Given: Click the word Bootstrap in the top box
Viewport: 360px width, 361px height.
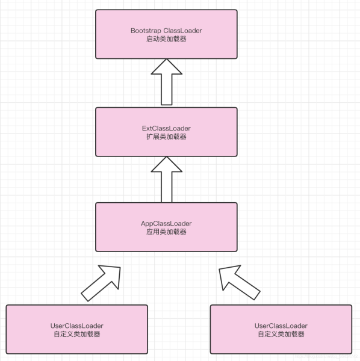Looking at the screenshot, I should (x=146, y=30).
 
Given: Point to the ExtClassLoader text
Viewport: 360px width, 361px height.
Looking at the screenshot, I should (x=166, y=128).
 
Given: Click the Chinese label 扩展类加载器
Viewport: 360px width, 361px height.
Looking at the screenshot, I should (x=166, y=137).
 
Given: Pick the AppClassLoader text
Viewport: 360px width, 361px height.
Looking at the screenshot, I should (x=166, y=223).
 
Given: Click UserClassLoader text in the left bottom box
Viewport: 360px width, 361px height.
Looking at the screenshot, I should (x=76, y=326).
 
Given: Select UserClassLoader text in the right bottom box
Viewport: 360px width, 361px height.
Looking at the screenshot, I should (x=281, y=326).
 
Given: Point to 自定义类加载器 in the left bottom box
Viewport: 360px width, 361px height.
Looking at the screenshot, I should (x=76, y=334).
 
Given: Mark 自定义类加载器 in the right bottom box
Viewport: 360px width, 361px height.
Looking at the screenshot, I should (x=281, y=334).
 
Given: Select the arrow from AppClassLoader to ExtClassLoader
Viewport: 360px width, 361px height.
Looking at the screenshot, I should (x=166, y=179).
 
